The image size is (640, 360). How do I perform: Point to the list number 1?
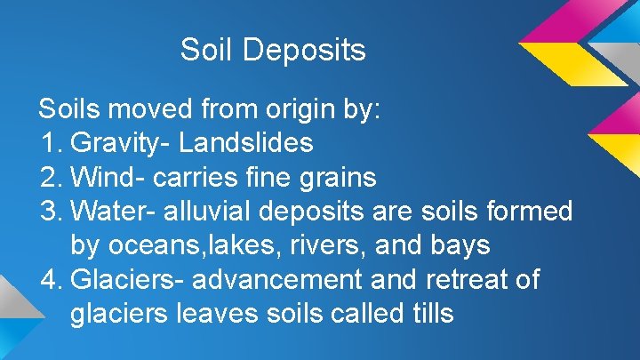coord(50,143)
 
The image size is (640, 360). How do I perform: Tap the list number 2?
coord(50,178)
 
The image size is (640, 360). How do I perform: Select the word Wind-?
coord(108,178)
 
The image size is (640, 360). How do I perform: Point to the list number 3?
coord(50,212)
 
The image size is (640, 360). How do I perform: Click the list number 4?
coord(50,281)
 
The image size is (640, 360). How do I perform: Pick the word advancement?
coord(276,281)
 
